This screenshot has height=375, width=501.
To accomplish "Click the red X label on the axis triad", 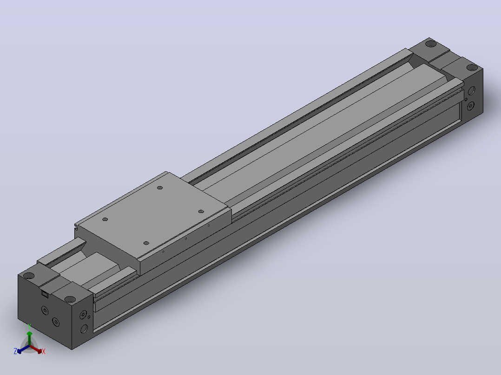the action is click(44, 351).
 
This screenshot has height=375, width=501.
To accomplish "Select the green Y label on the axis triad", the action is click(29, 326).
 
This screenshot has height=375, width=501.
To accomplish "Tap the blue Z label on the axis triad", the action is click(15, 351).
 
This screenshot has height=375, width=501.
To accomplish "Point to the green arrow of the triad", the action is click(29, 338).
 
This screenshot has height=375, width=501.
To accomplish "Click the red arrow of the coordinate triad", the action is click(36, 349).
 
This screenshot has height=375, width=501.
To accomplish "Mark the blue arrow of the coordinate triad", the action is click(23, 349).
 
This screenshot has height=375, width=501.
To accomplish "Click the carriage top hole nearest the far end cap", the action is click(160, 187).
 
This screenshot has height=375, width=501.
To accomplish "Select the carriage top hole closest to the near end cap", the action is click(146, 243).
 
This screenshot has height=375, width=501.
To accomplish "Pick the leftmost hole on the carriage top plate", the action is click(105, 219).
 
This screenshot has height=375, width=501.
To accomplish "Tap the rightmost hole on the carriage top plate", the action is click(201, 211).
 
